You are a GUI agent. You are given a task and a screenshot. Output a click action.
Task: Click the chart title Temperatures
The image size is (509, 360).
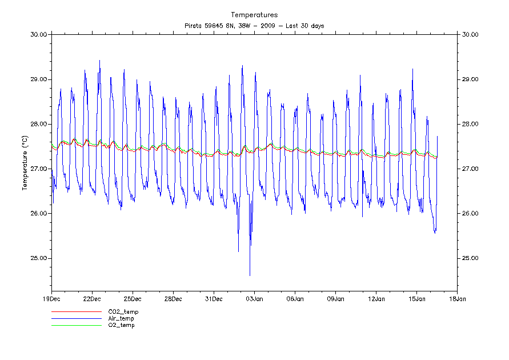coord(254,15)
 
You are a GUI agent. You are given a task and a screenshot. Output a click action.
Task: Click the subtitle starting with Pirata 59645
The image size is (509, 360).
coord(254,26)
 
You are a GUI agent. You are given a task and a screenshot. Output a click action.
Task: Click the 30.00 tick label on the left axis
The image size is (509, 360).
coord(38,34)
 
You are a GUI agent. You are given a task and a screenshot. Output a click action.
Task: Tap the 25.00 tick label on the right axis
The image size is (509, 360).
coord(471,258)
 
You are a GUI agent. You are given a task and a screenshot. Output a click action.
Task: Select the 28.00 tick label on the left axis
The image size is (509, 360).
coord(38,124)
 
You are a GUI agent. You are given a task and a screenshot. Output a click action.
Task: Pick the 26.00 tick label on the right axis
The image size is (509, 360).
coord(471,214)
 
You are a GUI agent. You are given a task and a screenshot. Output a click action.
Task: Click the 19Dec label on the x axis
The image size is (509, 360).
coord(51,298)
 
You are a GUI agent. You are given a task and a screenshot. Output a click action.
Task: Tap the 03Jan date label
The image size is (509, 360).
coord(254,298)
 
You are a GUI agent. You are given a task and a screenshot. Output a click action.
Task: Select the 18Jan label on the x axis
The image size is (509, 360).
coord(457,298)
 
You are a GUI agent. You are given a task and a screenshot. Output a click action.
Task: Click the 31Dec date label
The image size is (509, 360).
coord(214,298)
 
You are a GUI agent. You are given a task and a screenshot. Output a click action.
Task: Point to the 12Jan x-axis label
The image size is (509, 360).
coord(376,298)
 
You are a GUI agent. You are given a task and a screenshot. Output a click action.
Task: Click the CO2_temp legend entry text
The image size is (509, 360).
coord(123,311)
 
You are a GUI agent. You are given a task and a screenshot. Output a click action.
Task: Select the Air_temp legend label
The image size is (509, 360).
coord(121,318)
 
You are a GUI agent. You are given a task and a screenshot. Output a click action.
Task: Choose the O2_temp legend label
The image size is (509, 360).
coord(121,325)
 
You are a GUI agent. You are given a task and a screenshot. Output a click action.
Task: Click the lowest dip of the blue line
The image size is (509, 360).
coord(250,275)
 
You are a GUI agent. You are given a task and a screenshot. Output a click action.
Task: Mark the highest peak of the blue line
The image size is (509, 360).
coord(99,61)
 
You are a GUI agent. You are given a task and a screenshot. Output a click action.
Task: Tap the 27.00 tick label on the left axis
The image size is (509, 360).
coord(38,169)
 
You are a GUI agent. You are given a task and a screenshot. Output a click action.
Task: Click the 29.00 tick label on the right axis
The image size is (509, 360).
coord(471,79)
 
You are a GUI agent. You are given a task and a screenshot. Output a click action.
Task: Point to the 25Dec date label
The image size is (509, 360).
coord(133,298)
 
